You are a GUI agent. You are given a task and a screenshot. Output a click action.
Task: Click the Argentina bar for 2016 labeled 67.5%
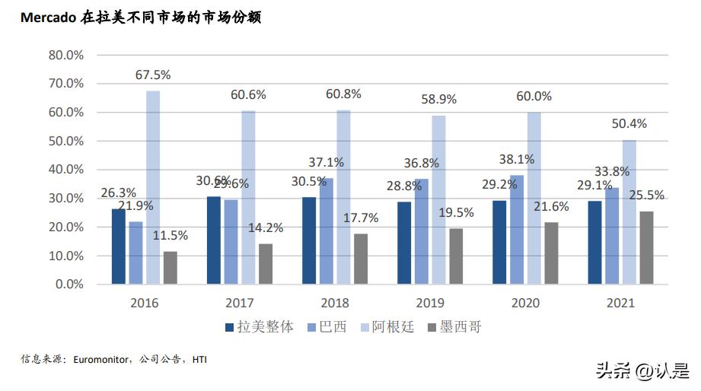153,187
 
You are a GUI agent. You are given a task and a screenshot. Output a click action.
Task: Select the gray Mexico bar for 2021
646,247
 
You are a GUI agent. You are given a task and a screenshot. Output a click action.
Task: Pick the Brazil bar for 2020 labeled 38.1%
516,229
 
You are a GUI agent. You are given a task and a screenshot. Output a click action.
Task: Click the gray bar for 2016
170,268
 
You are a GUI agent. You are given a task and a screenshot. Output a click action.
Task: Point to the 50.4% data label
629,124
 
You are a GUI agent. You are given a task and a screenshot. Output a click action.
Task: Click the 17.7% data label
361,218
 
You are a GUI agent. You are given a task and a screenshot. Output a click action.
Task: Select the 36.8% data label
422,163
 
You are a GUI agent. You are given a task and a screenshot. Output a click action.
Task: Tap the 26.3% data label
119,192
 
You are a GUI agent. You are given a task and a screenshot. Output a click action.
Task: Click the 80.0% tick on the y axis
65,55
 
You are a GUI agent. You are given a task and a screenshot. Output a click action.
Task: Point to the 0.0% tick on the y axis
69,285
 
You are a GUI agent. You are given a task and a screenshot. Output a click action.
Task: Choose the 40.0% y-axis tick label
65,170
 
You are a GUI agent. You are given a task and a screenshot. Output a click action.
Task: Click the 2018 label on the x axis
335,303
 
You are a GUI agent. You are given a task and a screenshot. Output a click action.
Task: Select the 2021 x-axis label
620,303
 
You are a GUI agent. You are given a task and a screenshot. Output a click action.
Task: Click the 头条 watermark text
611,370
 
